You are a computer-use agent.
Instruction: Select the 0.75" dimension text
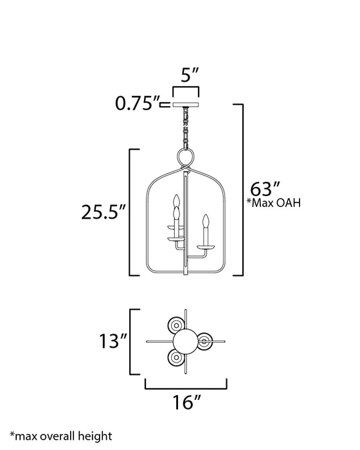pos(136,102)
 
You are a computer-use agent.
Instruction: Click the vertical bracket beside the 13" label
pos(131,341)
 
